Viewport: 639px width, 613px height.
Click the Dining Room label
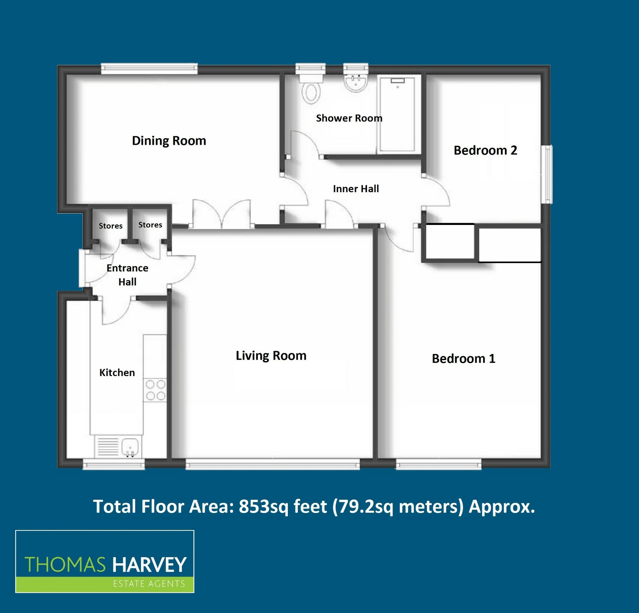[169, 141]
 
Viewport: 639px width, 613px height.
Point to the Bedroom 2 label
[485, 150]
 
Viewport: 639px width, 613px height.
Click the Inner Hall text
[356, 189]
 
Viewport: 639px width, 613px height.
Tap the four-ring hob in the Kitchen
[156, 390]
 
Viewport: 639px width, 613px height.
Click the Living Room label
[271, 356]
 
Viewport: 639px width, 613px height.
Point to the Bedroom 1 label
[463, 358]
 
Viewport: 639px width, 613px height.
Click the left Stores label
[110, 226]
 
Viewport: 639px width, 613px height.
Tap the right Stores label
[150, 225]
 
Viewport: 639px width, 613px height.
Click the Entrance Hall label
[127, 275]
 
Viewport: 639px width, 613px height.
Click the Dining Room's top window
[149, 68]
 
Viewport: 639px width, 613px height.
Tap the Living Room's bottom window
[272, 464]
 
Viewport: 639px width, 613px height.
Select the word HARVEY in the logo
[149, 565]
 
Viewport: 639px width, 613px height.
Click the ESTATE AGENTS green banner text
[149, 583]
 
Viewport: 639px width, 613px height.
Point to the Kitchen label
[117, 373]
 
